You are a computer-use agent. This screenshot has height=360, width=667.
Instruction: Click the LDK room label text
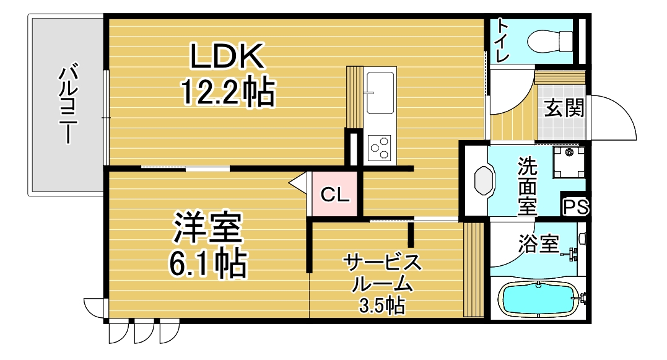tap(227, 56)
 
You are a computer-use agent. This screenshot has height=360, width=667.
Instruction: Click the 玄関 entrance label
tap(564, 107)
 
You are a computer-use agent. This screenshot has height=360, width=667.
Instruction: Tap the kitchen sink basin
tap(380, 92)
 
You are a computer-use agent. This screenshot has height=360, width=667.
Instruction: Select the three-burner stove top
tap(380, 147)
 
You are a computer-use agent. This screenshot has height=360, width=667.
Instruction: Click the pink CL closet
tap(334, 194)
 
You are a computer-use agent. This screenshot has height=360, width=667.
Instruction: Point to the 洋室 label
tap(207, 227)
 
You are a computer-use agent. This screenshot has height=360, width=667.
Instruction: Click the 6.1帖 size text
tap(207, 264)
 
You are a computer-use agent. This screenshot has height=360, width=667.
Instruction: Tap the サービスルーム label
tap(382, 273)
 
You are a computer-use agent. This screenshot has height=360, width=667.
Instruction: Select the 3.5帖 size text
tap(381, 305)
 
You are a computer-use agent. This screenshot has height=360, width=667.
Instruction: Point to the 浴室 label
tap(538, 244)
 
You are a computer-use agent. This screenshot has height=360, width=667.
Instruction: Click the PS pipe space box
tap(575, 208)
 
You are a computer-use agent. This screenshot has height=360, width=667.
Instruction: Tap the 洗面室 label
tap(528, 186)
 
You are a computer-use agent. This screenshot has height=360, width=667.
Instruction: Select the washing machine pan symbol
tap(569, 162)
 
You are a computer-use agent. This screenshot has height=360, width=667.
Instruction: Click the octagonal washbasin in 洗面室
tap(484, 180)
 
